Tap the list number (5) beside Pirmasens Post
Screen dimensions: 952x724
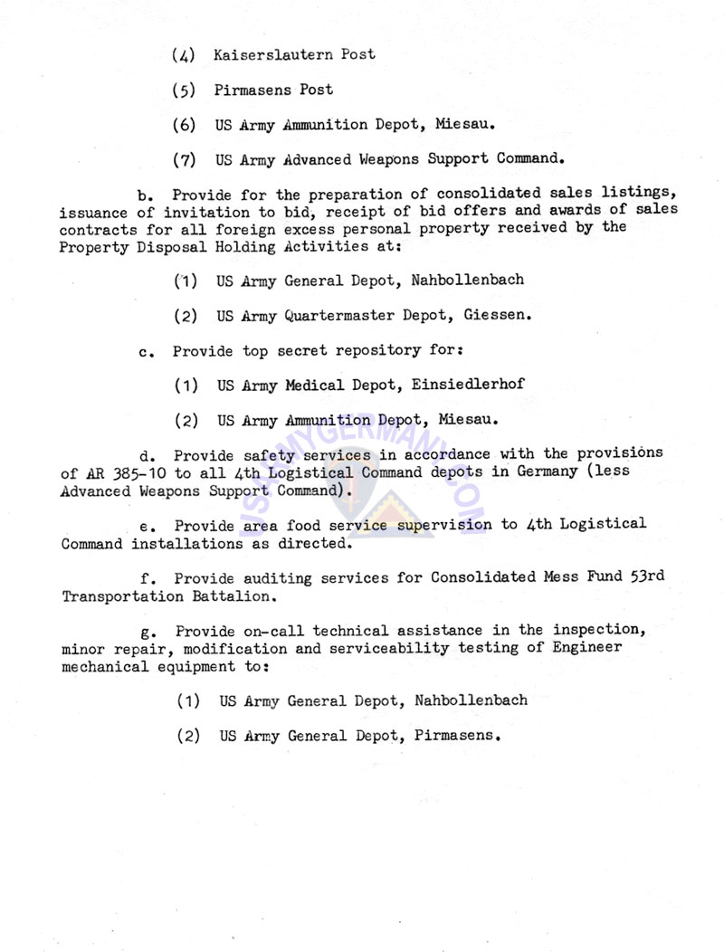point(185,90)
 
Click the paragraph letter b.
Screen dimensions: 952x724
point(142,195)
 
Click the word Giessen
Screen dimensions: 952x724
point(497,316)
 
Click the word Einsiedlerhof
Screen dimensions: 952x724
point(468,385)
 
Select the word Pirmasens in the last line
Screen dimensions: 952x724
point(454,736)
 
